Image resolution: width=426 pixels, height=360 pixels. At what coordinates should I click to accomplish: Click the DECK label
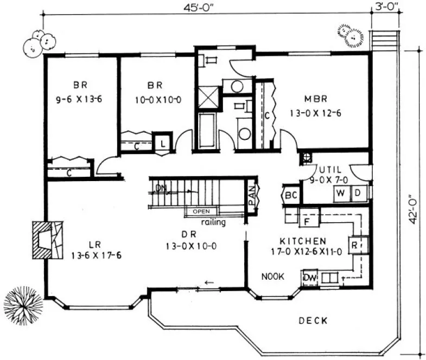[x=313, y=321]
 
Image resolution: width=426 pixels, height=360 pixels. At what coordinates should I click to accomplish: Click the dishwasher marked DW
[x=309, y=278]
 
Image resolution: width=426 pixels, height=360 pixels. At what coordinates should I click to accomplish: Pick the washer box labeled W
[x=341, y=192]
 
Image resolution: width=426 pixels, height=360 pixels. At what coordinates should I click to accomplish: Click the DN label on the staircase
[x=161, y=188]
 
